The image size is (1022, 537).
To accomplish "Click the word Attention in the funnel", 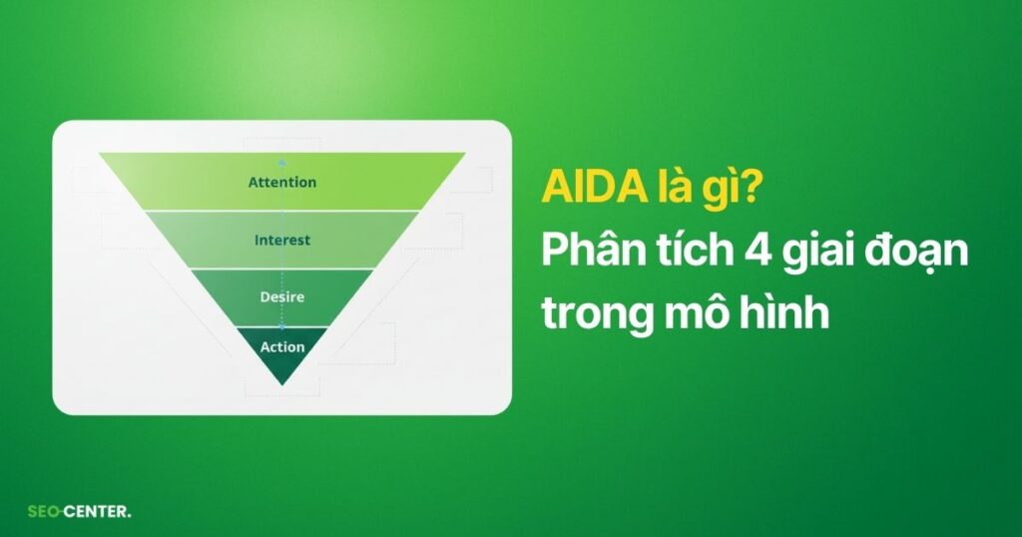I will click(282, 183).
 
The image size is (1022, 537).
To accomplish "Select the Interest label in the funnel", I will click(282, 240).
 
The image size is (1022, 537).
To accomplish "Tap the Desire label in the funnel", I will click(282, 296).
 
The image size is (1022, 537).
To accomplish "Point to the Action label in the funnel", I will click(282, 347).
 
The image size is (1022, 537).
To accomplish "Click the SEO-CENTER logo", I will click(79, 512).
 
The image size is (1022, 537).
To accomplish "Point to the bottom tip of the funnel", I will click(282, 384).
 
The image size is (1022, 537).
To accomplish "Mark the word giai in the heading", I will click(817, 253).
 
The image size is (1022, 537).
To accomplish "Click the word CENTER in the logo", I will click(98, 512).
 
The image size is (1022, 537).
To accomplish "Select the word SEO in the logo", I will click(41, 512).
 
